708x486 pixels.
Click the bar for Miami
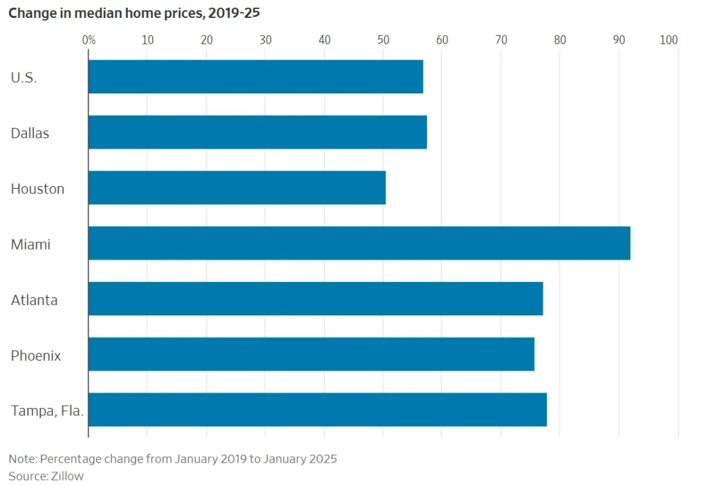click(359, 243)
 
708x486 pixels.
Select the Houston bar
click(236, 187)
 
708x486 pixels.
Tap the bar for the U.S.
click(255, 77)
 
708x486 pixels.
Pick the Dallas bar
click(257, 132)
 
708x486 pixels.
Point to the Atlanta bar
click(315, 299)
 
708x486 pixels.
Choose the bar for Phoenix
click(311, 354)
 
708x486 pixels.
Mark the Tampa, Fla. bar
click(317, 409)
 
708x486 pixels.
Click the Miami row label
click(30, 244)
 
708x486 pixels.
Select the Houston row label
click(37, 189)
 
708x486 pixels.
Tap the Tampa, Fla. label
click(47, 411)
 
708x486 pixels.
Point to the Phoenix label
click(36, 355)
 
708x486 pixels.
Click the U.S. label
click(24, 77)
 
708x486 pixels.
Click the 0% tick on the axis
click(88, 40)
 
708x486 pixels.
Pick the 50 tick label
click(383, 40)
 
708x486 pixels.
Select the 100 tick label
click(669, 40)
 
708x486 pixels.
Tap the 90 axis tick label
click(619, 40)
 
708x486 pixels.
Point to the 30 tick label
click(265, 40)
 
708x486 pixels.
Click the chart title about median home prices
click(134, 13)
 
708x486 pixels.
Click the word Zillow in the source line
click(66, 476)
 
